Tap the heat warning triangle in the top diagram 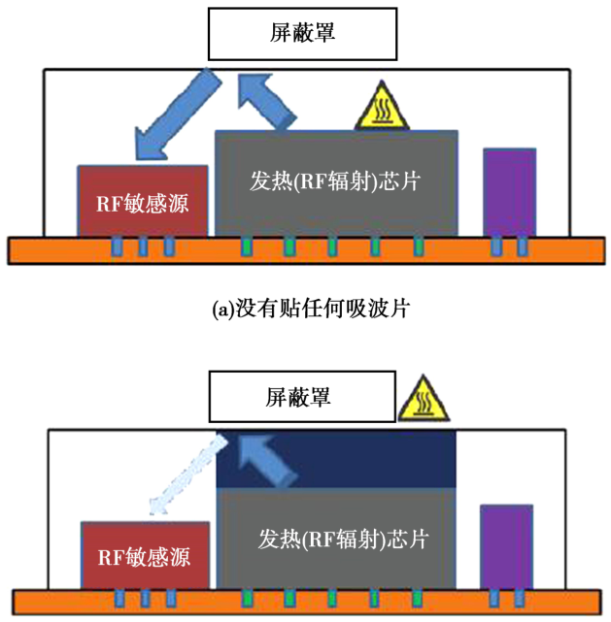pos(382,110)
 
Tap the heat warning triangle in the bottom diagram pos(423,400)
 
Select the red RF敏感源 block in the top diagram pos(143,200)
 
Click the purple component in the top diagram pos(509,191)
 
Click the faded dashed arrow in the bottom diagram pos(188,475)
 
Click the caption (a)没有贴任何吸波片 pos(306,311)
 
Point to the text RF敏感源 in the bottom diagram pos(144,558)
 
